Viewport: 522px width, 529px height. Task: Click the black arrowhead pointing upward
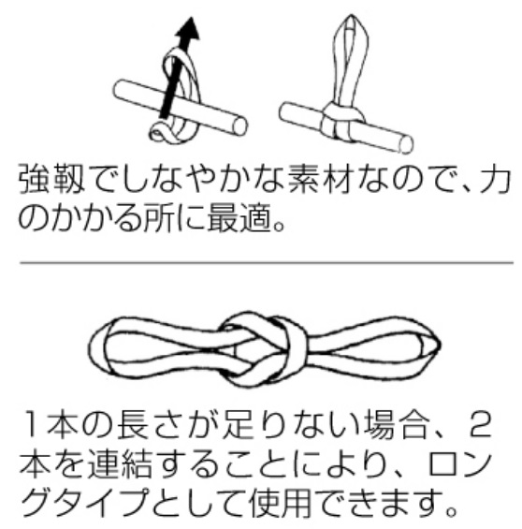click(x=188, y=29)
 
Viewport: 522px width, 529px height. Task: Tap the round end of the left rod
click(x=239, y=125)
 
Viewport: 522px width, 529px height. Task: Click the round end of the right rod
click(x=406, y=144)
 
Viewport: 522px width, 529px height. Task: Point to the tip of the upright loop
click(x=351, y=16)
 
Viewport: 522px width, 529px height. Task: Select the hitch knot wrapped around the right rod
click(x=341, y=123)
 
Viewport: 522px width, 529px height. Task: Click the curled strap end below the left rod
click(x=161, y=133)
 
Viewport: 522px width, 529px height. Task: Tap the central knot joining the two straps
click(x=263, y=349)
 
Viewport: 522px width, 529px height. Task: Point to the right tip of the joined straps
click(x=439, y=345)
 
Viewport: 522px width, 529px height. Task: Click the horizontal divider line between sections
click(x=267, y=262)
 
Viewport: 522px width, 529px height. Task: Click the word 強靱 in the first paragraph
click(x=51, y=179)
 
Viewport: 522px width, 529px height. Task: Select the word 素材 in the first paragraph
click(x=322, y=179)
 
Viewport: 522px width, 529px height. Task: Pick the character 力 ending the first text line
click(x=496, y=179)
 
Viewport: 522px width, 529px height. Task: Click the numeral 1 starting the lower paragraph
click(x=33, y=425)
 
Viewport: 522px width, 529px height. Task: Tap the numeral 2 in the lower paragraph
click(x=480, y=425)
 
